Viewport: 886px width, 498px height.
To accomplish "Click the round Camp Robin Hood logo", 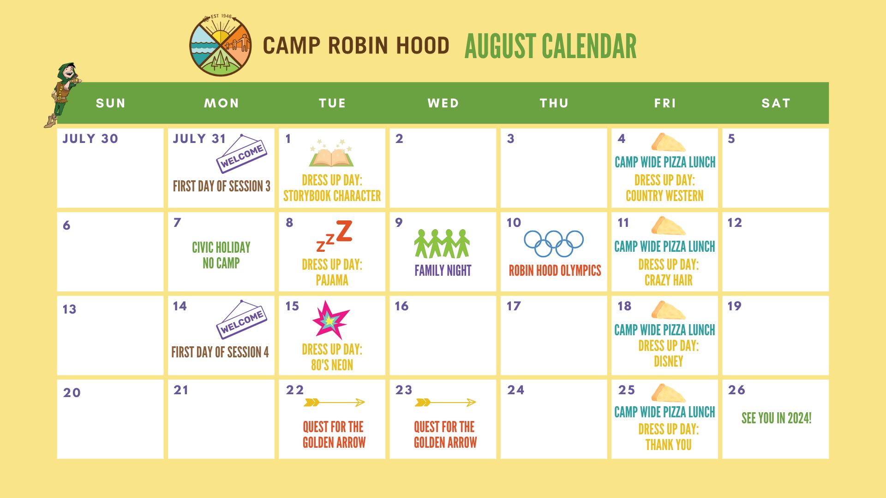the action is pyautogui.click(x=221, y=45).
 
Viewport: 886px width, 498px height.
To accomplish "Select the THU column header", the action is pyautogui.click(x=554, y=103).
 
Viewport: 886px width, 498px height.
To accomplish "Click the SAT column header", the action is pyautogui.click(x=776, y=103).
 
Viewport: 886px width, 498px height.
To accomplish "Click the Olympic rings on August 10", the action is pyautogui.click(x=554, y=243).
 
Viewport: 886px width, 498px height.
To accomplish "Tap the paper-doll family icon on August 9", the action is pyautogui.click(x=442, y=243).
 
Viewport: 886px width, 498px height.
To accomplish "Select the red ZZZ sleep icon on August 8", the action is pyautogui.click(x=335, y=236).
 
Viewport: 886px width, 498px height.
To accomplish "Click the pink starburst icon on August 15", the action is pyautogui.click(x=331, y=320).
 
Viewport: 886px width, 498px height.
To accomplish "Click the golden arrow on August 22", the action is pyautogui.click(x=334, y=403).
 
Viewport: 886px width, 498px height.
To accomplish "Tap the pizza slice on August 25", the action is pyautogui.click(x=668, y=393).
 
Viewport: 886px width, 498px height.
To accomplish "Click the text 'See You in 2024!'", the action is pyautogui.click(x=776, y=418).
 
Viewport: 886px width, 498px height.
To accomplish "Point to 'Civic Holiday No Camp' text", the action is pyautogui.click(x=221, y=255).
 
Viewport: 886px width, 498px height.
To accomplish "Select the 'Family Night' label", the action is pyautogui.click(x=443, y=270).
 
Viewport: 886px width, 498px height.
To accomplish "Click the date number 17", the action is pyautogui.click(x=514, y=306).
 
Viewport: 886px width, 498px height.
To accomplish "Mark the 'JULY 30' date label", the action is pyautogui.click(x=90, y=138).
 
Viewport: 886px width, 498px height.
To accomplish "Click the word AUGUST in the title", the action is pyautogui.click(x=501, y=46).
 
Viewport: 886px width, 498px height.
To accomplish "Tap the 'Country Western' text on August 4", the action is pyautogui.click(x=664, y=196).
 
